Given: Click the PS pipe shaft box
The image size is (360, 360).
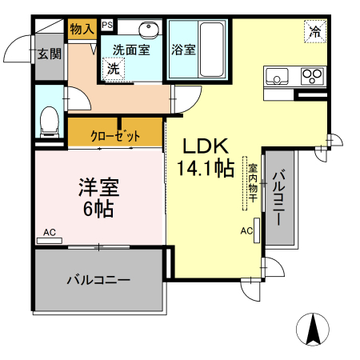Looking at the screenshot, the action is click(107, 25).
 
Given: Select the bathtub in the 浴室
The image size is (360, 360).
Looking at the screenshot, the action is click(212, 50).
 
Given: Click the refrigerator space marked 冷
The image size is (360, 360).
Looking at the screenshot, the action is click(315, 32).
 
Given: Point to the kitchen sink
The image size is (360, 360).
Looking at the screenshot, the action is click(277, 76).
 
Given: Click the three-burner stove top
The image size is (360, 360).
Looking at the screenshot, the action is click(312, 75).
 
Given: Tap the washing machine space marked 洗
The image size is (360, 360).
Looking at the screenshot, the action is click(114, 69).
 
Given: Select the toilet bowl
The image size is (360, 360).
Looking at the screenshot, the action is click(50, 122).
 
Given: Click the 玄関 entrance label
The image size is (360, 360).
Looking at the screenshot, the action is click(50, 54).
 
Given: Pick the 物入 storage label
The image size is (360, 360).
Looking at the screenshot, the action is click(82, 29).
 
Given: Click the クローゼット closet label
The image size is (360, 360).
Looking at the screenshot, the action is click(115, 136).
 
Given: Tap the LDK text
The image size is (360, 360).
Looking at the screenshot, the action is click(206, 146).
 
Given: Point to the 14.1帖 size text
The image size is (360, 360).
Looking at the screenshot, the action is click(206, 168).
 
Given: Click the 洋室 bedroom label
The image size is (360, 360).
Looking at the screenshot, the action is click(98, 187).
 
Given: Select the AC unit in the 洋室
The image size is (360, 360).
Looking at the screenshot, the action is click(50, 241).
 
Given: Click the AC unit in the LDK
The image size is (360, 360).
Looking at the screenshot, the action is click(257, 230).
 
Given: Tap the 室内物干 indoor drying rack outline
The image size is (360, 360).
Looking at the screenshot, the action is click(245, 183).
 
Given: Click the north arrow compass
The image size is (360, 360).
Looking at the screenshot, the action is click(313, 330).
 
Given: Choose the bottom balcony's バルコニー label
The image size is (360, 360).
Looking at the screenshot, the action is click(98, 280).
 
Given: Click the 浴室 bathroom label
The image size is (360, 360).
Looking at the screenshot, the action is click(183, 50).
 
